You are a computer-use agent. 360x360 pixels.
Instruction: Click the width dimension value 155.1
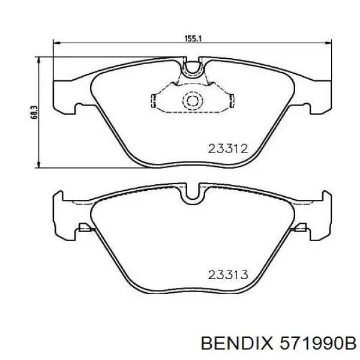point(193,38)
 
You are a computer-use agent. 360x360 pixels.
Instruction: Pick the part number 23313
point(228,275)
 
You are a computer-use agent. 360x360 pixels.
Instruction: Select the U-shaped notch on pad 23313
point(193,194)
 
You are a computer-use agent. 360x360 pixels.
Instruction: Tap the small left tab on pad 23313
point(84,228)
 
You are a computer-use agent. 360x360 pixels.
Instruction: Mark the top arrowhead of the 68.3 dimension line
point(40,59)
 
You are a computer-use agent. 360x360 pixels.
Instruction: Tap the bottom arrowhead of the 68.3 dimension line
point(40,166)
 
